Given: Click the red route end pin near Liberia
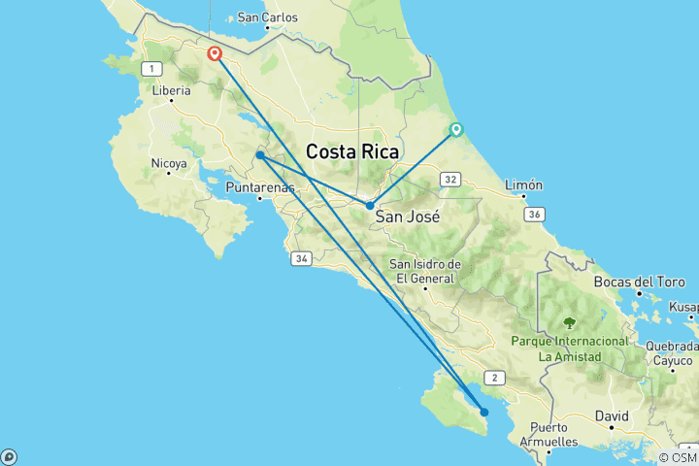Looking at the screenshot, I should pyautogui.click(x=215, y=54).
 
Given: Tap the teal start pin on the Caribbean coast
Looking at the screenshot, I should pyautogui.click(x=455, y=130).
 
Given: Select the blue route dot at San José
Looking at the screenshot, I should pyautogui.click(x=370, y=206).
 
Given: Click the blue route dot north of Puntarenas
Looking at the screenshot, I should pyautogui.click(x=260, y=155).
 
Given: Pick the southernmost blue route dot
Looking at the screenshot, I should pyautogui.click(x=484, y=413).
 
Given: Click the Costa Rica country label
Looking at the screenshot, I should pyautogui.click(x=352, y=151).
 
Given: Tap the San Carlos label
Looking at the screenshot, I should pyautogui.click(x=267, y=17).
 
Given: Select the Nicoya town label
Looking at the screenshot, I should pyautogui.click(x=168, y=165).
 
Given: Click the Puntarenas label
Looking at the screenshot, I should pyautogui.click(x=259, y=187).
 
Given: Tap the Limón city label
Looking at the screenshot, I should pyautogui.click(x=523, y=184).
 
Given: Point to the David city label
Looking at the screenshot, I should pyautogui.click(x=612, y=416).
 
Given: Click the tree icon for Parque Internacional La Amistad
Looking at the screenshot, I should pyautogui.click(x=570, y=323).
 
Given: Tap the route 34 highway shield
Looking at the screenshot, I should pyautogui.click(x=301, y=258).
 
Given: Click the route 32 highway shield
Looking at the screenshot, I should pyautogui.click(x=449, y=180).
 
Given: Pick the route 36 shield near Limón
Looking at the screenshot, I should pyautogui.click(x=532, y=214).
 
